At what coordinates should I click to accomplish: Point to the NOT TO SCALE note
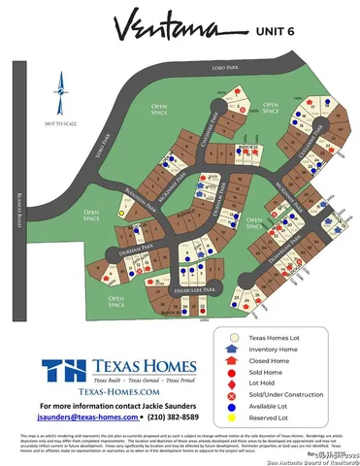(59, 124)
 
